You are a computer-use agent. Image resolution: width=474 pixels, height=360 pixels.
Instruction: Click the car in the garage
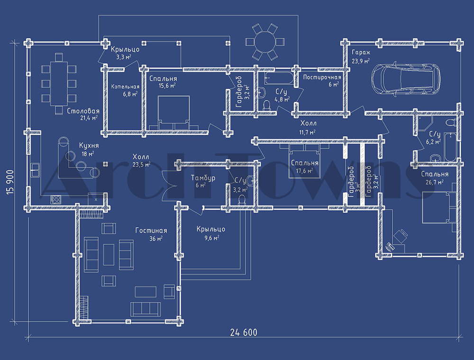406,79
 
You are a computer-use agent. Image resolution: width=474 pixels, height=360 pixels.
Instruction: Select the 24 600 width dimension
244,332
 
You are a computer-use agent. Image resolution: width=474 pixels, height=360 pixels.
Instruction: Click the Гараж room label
361,52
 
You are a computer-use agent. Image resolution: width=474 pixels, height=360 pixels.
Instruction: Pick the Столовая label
83,111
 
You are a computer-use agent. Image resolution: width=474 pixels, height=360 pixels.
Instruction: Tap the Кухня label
89,146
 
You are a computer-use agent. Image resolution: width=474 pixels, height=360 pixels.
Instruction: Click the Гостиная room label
151,231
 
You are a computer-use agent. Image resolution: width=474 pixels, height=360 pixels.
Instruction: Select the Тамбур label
203,178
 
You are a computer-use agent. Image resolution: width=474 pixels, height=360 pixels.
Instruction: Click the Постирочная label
322,77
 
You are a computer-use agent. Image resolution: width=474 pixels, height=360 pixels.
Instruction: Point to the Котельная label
125,87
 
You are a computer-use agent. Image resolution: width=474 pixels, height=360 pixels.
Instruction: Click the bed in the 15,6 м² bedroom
174,112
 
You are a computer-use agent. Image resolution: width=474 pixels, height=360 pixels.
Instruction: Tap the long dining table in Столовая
59,83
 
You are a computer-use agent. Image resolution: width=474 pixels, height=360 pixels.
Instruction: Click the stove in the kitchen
55,199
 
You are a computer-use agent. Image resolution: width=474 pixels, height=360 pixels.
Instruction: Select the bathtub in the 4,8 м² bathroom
279,78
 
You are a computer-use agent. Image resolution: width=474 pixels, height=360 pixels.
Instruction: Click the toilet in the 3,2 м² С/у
242,201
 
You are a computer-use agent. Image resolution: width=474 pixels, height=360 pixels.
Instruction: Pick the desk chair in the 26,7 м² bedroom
401,236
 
